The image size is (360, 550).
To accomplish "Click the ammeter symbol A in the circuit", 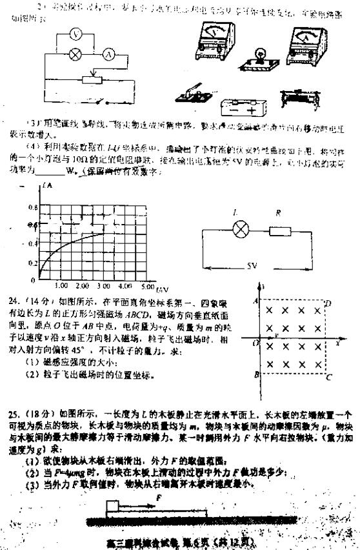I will tap(110, 56).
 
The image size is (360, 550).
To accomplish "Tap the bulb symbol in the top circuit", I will tap(76, 56).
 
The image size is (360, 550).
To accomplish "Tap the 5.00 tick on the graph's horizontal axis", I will tap(146, 285).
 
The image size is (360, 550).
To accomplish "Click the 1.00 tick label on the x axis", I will tap(62, 285).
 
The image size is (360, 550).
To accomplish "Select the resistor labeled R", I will tap(281, 230).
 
